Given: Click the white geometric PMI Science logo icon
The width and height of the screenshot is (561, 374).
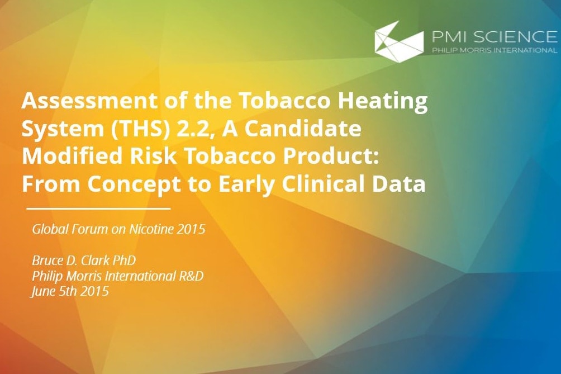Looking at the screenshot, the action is pos(398,39).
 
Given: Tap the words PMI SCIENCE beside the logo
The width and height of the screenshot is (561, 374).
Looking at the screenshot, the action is pos(495,37).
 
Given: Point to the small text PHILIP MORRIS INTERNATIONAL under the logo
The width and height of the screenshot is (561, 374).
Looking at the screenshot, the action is pos(495,50).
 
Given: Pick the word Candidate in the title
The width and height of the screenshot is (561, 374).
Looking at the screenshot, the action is pos(303,129).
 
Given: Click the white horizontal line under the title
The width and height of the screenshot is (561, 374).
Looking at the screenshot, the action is pos(98,208).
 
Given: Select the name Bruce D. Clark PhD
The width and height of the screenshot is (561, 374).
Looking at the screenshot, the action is pos(84,260).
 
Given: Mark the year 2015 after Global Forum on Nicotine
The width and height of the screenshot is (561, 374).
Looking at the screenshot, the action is pos(191,229).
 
